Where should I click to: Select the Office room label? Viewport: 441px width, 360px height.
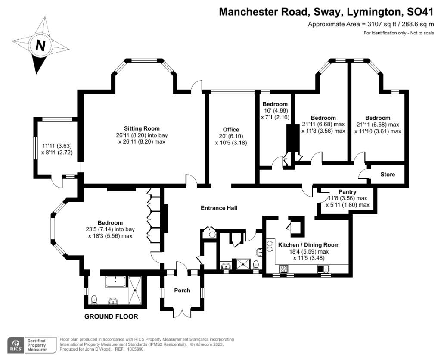coord(231,129)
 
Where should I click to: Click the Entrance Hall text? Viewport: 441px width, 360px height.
coord(219,208)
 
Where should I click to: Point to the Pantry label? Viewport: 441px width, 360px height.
coord(348,192)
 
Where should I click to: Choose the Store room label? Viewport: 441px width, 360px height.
coord(388,175)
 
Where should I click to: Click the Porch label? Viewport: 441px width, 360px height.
coord(182,290)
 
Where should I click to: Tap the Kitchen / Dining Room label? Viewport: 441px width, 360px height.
coord(309,245)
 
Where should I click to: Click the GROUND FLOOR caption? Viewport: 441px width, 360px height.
coord(111,316)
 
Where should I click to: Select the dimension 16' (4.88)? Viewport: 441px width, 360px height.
coord(275,111)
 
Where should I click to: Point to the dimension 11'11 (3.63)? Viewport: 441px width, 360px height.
coord(57,146)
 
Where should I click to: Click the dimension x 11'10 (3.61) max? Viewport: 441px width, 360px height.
coord(378,131)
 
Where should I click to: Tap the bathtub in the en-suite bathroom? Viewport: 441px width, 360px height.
coord(115,282)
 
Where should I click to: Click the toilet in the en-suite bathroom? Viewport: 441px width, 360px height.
coord(94,300)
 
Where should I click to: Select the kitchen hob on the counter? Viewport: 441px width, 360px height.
coord(283,269)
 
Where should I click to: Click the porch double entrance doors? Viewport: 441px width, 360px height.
coord(182,313)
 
